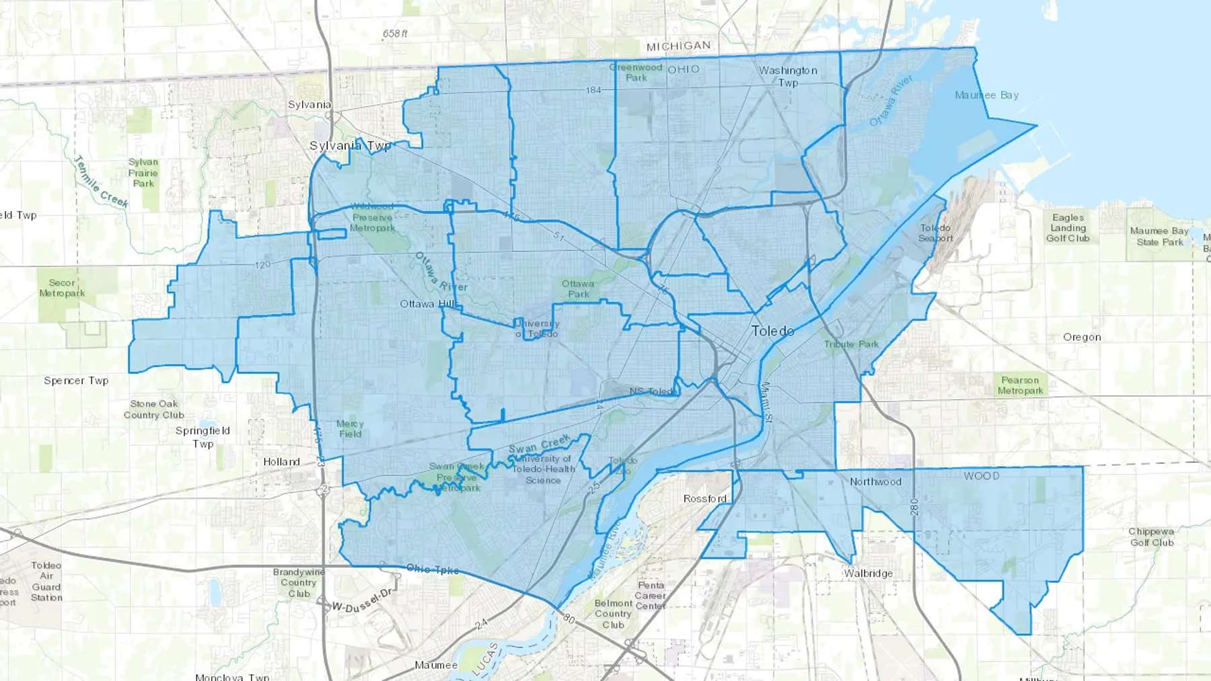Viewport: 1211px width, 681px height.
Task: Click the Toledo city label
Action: click(772, 331)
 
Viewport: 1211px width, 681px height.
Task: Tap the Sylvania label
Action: click(309, 104)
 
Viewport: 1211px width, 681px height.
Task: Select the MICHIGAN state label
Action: click(678, 46)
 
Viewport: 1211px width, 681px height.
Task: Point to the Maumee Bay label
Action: click(986, 95)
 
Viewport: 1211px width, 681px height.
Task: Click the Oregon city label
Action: click(1082, 337)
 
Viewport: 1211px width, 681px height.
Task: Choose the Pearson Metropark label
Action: click(1020, 385)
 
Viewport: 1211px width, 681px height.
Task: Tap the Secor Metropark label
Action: click(62, 288)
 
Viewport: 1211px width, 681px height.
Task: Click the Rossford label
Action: click(704, 498)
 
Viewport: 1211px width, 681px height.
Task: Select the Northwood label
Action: click(875, 481)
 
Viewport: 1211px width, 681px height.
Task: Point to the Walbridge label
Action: click(869, 573)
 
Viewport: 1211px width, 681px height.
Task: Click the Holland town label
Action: click(281, 461)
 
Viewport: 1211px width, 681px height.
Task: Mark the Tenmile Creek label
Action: click(100, 182)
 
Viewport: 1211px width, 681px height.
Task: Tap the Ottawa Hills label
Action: click(428, 304)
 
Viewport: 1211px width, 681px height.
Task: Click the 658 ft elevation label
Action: click(395, 34)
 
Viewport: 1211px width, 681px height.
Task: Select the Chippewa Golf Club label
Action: click(1152, 536)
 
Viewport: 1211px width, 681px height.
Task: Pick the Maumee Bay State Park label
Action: click(1159, 236)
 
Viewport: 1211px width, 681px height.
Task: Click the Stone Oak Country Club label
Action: click(154, 409)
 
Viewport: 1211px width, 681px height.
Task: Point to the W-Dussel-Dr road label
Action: click(362, 600)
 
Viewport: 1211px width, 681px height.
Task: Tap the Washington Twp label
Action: click(788, 76)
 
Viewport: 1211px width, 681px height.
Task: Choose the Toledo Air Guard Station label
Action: click(46, 581)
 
